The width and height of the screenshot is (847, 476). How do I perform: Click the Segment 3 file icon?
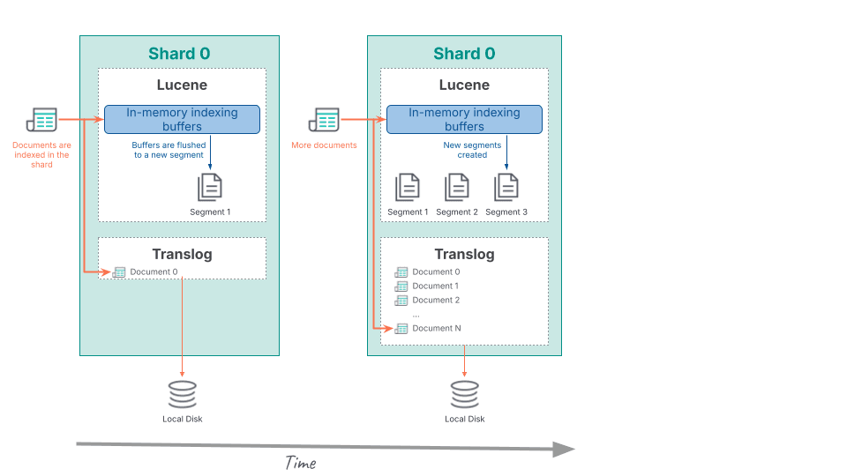click(x=506, y=188)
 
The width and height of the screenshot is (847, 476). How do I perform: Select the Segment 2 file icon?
click(x=457, y=188)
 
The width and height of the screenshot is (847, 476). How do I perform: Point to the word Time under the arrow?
click(x=300, y=463)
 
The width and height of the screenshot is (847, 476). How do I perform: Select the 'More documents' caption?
click(x=324, y=145)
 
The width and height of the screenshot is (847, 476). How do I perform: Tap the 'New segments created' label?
click(x=472, y=150)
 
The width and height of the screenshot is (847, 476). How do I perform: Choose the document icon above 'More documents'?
click(x=324, y=119)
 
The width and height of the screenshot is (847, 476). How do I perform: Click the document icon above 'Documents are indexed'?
click(x=41, y=119)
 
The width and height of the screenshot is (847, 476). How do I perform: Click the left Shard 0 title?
click(x=179, y=54)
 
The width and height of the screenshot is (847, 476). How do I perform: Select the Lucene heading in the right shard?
click(x=464, y=86)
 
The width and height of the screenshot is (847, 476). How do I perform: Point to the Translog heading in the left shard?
click(x=182, y=254)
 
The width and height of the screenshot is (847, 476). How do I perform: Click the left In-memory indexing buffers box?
click(x=182, y=119)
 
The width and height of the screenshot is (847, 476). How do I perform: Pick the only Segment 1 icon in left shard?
click(x=210, y=188)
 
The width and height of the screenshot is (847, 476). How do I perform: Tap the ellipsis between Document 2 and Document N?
click(x=416, y=314)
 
